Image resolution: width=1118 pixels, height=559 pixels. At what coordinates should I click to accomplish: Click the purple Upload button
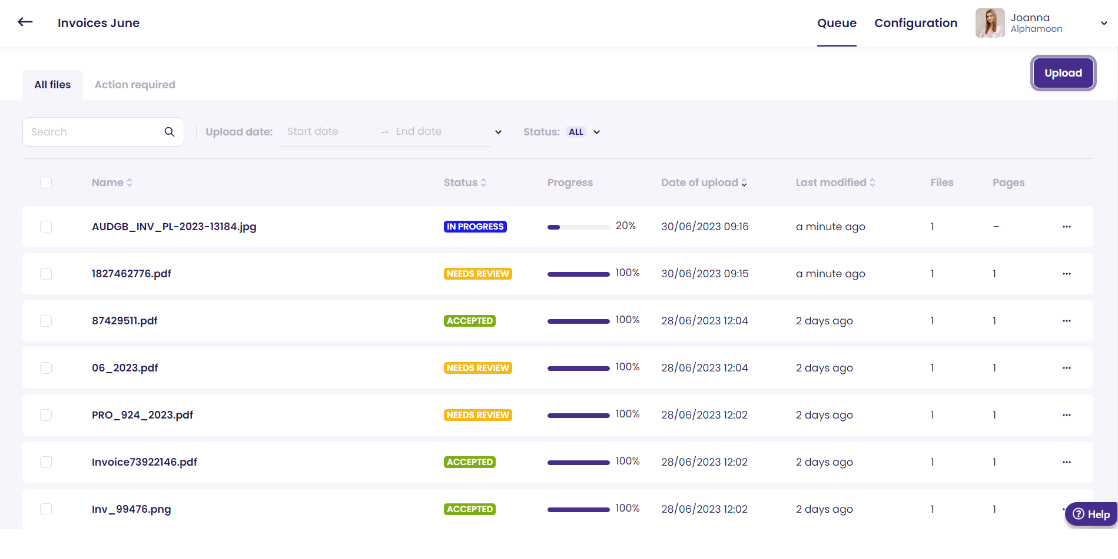pyautogui.click(x=1063, y=73)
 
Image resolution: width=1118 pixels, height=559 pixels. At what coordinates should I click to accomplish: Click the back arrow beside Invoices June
pyautogui.click(x=25, y=22)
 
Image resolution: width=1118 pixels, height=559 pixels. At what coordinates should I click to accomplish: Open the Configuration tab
pyautogui.click(x=915, y=23)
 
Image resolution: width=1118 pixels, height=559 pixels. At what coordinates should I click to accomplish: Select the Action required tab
pyautogui.click(x=135, y=85)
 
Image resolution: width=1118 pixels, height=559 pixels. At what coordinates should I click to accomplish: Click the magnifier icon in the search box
pyautogui.click(x=169, y=132)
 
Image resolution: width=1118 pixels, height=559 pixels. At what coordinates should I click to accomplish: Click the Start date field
pyautogui.click(x=312, y=132)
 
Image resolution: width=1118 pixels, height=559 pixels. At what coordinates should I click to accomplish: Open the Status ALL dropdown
pyautogui.click(x=584, y=132)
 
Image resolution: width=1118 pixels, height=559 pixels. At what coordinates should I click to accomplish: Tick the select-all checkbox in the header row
pyautogui.click(x=46, y=182)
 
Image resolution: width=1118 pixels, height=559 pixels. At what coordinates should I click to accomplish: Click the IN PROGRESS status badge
pyautogui.click(x=475, y=227)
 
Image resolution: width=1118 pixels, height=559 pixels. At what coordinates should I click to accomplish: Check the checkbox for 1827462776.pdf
pyautogui.click(x=46, y=274)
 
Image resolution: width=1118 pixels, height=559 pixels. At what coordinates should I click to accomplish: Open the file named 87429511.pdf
pyautogui.click(x=125, y=321)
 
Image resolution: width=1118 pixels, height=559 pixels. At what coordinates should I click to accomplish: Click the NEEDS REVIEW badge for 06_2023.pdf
pyautogui.click(x=477, y=368)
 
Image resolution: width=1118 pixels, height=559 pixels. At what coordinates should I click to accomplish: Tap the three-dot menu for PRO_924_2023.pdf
pyautogui.click(x=1066, y=415)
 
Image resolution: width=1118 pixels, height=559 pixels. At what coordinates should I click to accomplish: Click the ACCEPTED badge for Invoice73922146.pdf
pyautogui.click(x=470, y=462)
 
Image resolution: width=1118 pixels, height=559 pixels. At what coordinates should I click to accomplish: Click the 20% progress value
pyautogui.click(x=625, y=226)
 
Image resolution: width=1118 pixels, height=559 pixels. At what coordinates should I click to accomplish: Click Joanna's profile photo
pyautogui.click(x=990, y=23)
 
